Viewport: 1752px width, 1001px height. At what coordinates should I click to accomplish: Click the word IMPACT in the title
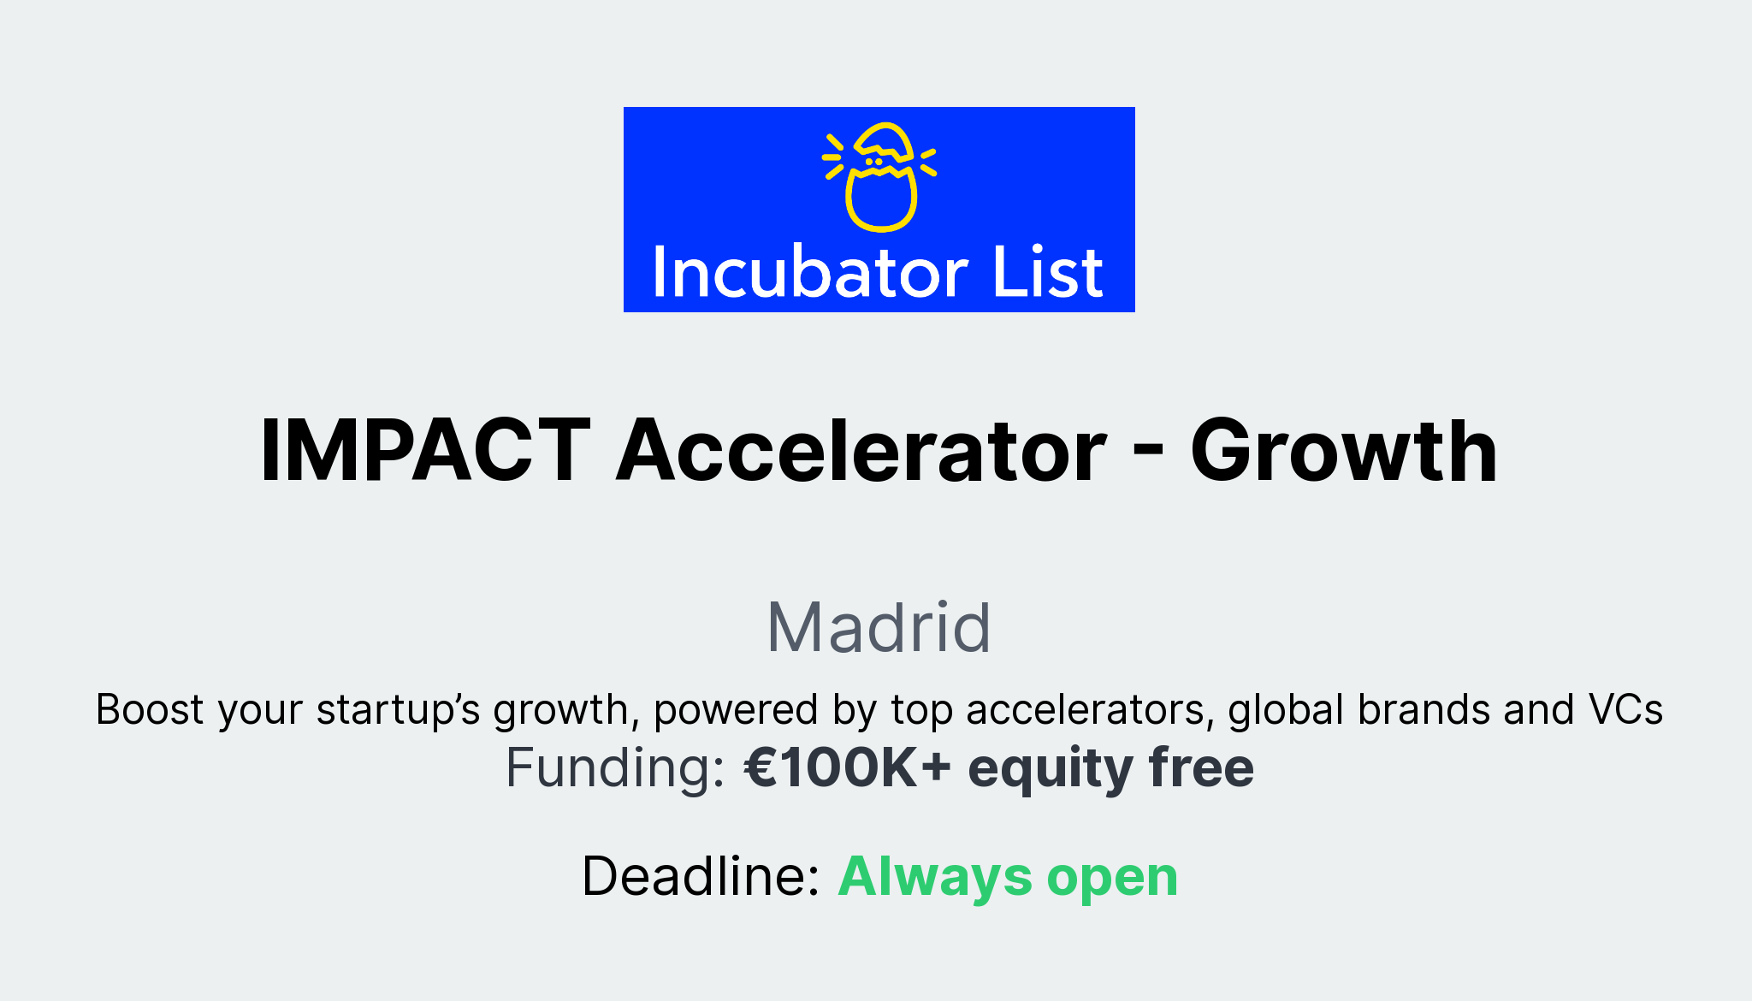coord(425,451)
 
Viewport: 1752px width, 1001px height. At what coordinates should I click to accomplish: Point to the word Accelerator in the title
coord(861,451)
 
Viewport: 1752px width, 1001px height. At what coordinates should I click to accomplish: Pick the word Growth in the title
coord(1343,451)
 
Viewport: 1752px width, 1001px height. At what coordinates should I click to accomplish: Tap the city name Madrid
coord(879,627)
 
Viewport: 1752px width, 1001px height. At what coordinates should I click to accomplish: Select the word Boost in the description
coord(150,709)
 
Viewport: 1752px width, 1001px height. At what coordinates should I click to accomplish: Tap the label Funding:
coord(615,767)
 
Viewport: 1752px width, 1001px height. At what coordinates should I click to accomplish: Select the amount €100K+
coord(847,767)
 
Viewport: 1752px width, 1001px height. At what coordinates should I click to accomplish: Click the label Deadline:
coord(701,876)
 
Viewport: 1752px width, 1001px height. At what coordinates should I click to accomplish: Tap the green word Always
coord(935,878)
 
